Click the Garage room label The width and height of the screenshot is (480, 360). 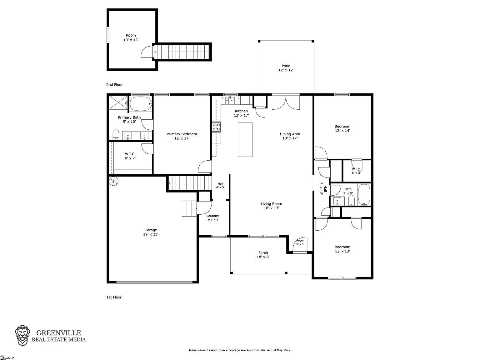pyautogui.click(x=151, y=232)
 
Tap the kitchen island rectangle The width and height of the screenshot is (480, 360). pyautogui.click(x=245, y=140)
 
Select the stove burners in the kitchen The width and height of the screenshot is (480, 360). pyautogui.click(x=216, y=127)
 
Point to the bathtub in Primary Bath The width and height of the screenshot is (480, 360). pyautogui.click(x=141, y=104)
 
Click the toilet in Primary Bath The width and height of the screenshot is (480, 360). pyautogui.click(x=116, y=135)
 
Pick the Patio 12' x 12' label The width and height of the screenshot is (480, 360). pyautogui.click(x=286, y=68)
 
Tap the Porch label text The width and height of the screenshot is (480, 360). pyautogui.click(x=263, y=253)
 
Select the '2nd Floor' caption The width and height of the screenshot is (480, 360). pyautogui.click(x=114, y=85)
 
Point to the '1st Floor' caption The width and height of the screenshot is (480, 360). pyautogui.click(x=114, y=297)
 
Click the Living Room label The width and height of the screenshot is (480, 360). pyautogui.click(x=271, y=206)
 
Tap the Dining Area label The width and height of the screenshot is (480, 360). pyautogui.click(x=290, y=136)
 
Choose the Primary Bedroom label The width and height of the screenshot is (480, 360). pyautogui.click(x=182, y=136)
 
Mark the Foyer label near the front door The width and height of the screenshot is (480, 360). pyautogui.click(x=300, y=240)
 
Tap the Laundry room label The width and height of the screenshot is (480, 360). pyautogui.click(x=213, y=216)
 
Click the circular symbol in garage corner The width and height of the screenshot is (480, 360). pyautogui.click(x=114, y=181)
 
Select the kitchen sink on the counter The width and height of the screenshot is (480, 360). pyautogui.click(x=230, y=101)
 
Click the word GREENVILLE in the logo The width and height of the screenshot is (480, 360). pyautogui.click(x=59, y=333)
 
